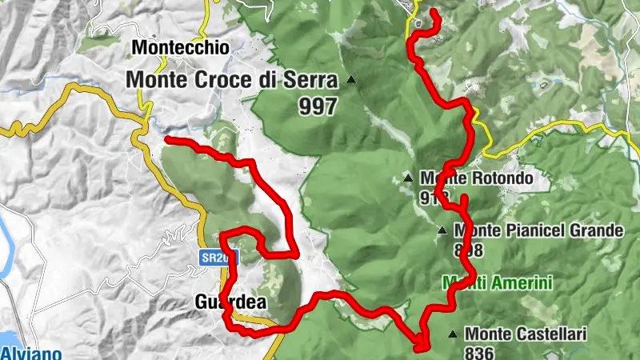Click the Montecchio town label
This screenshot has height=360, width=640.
click(180, 48)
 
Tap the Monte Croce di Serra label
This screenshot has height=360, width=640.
click(232, 80)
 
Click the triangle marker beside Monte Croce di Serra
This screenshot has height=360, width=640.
click(350, 80)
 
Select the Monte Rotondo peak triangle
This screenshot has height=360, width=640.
click(409, 178)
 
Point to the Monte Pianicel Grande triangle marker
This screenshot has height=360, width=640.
click(442, 231)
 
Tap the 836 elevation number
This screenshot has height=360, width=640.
click(478, 351)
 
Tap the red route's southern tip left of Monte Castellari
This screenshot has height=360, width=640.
click(422, 347)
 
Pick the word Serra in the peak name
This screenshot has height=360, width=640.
click(315, 80)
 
